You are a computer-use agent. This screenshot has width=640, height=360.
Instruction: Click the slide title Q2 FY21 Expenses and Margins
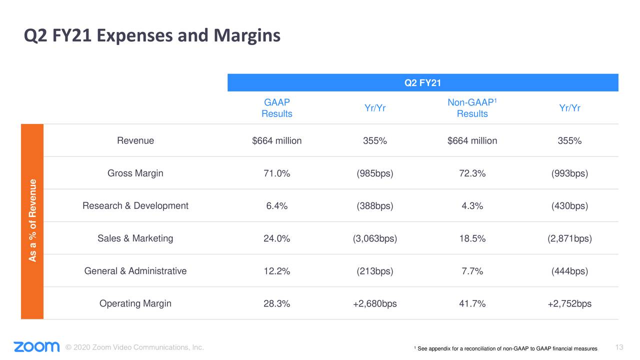152,36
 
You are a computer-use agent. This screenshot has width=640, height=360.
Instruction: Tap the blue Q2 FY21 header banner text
422,83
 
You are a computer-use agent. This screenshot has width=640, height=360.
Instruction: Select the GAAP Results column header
277,108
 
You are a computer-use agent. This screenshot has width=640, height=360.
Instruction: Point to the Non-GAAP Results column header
472,108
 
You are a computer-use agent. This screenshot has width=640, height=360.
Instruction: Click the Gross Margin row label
135,173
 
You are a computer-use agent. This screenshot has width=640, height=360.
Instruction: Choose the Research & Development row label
135,206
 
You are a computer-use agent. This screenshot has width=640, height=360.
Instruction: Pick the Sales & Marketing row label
135,238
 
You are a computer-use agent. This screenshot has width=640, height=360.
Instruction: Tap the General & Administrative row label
135,271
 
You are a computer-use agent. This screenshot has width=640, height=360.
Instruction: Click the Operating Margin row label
135,303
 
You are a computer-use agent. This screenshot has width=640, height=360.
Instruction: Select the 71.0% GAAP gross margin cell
277,174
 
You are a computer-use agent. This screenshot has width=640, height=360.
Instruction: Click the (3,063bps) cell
374,239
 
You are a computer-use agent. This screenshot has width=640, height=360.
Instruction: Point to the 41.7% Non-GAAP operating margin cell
472,304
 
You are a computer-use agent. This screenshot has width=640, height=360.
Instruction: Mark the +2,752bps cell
569,304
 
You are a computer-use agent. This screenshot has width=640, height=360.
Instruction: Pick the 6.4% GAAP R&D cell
277,206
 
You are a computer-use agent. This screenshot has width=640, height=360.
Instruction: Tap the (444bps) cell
569,271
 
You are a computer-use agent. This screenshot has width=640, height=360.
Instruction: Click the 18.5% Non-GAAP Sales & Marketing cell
472,239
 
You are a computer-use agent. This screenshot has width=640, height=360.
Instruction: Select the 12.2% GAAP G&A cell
277,271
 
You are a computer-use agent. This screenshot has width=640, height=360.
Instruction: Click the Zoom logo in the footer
36,347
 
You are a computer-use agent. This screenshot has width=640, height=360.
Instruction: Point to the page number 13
619,347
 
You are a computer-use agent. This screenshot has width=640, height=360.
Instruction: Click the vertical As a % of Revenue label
32,220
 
